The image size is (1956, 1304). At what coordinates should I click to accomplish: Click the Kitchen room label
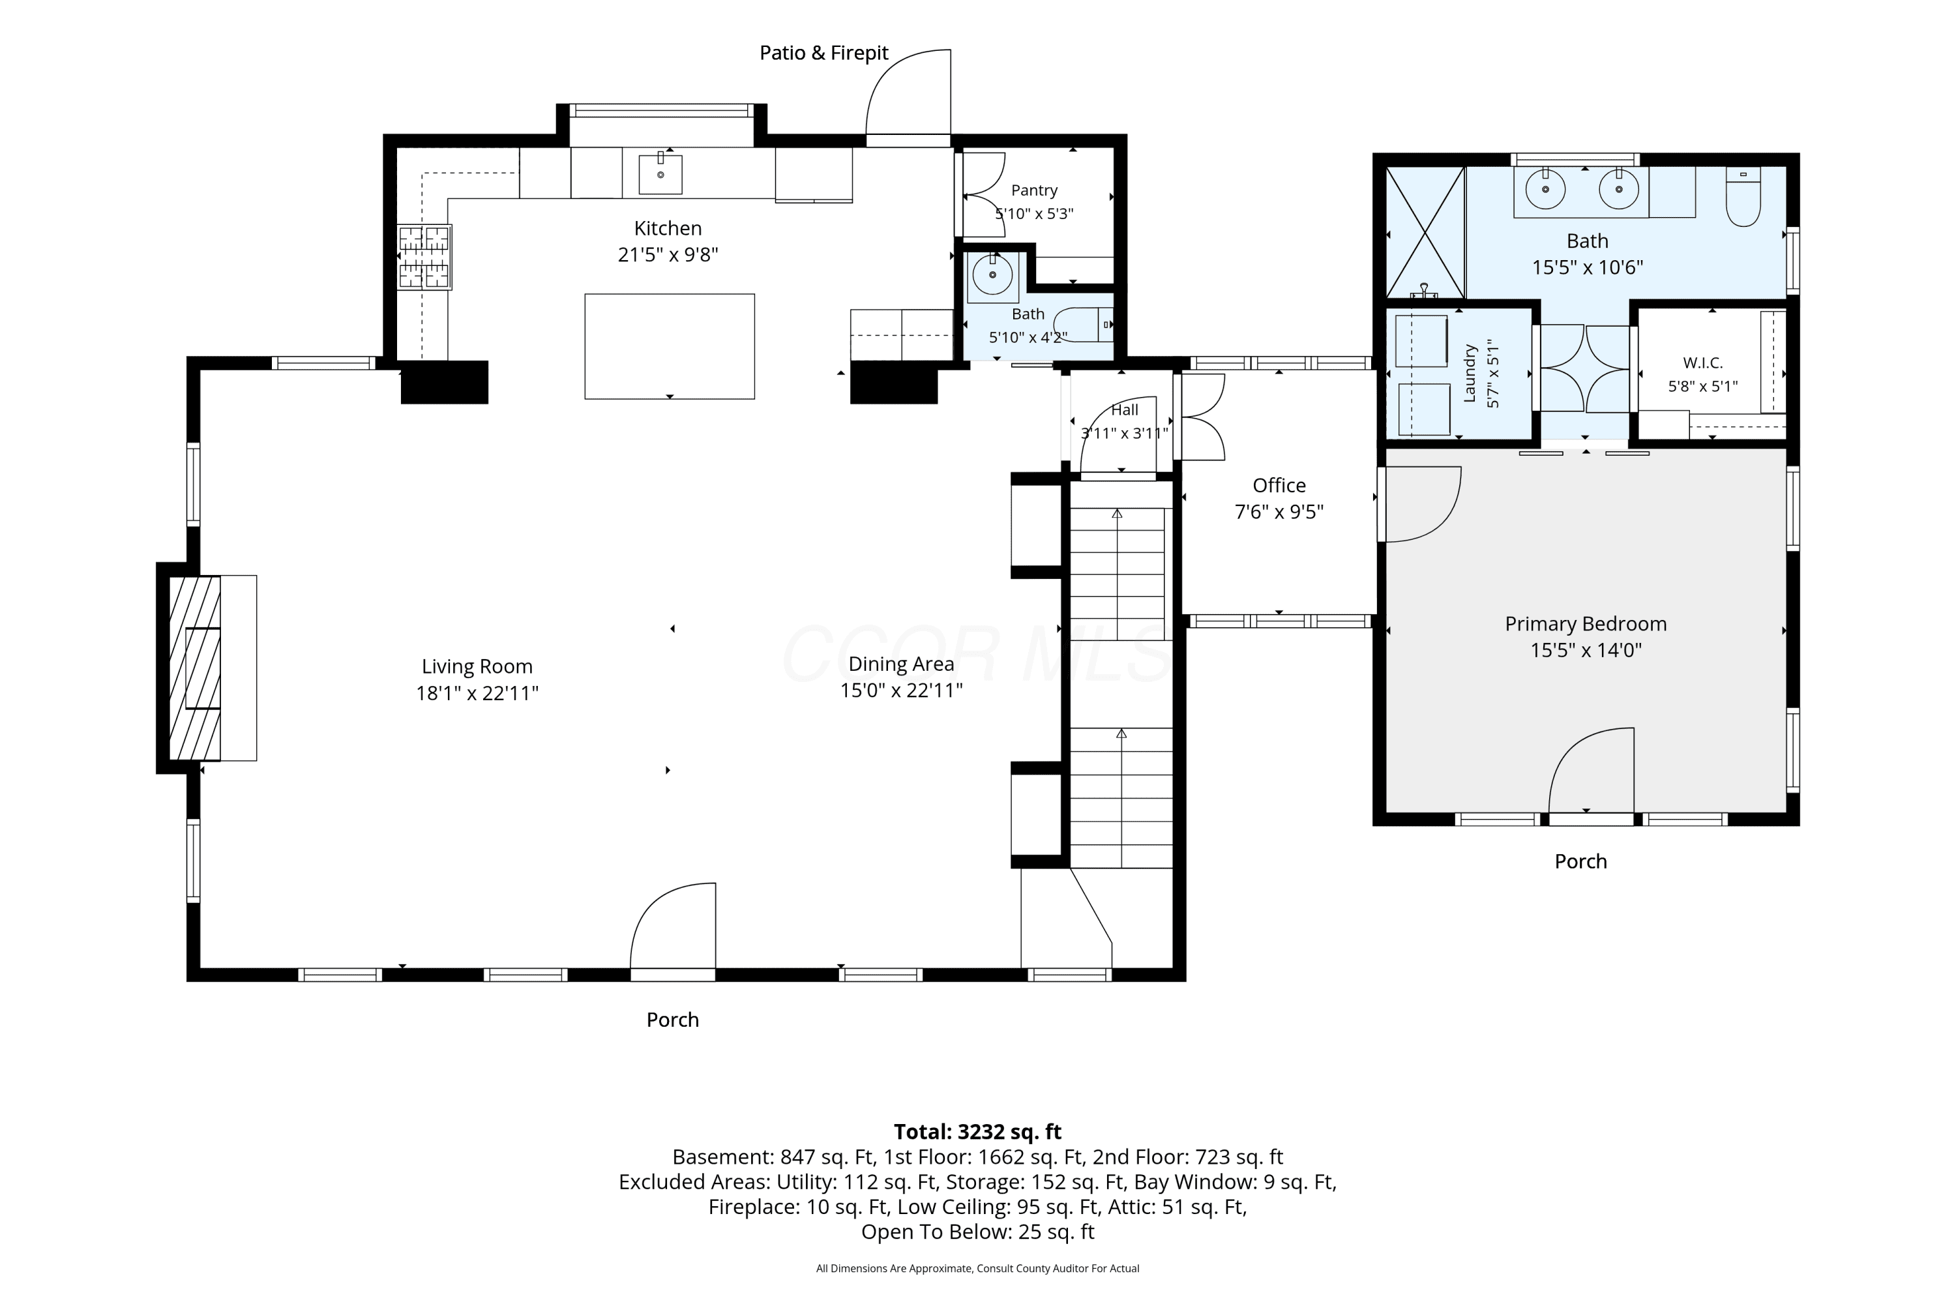pos(668,228)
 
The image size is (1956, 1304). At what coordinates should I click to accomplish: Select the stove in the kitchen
pos(424,257)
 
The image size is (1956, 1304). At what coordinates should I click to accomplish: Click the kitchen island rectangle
pos(670,346)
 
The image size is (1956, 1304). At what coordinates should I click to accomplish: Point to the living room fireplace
pos(196,668)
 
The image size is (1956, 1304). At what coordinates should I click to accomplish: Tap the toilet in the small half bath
pos(1084,324)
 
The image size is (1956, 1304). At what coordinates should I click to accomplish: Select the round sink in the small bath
pos(992,274)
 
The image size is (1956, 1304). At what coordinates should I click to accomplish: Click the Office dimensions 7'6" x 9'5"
pos(1279,511)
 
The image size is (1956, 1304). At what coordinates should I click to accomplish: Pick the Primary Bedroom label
pos(1586,624)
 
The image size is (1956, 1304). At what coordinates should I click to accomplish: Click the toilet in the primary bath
pos(1743,197)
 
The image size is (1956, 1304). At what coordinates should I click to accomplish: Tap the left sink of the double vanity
pos(1545,189)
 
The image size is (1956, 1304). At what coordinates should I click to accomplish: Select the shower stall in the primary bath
pos(1425,232)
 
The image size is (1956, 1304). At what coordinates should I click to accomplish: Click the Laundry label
pos(1470,374)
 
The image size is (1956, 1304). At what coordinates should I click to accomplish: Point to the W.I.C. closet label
pos(1703,363)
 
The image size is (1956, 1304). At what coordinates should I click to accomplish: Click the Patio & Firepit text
pos(824,52)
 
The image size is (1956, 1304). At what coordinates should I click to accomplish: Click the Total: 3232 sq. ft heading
pos(978,1132)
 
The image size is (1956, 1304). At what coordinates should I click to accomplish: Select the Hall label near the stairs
pos(1124,410)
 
